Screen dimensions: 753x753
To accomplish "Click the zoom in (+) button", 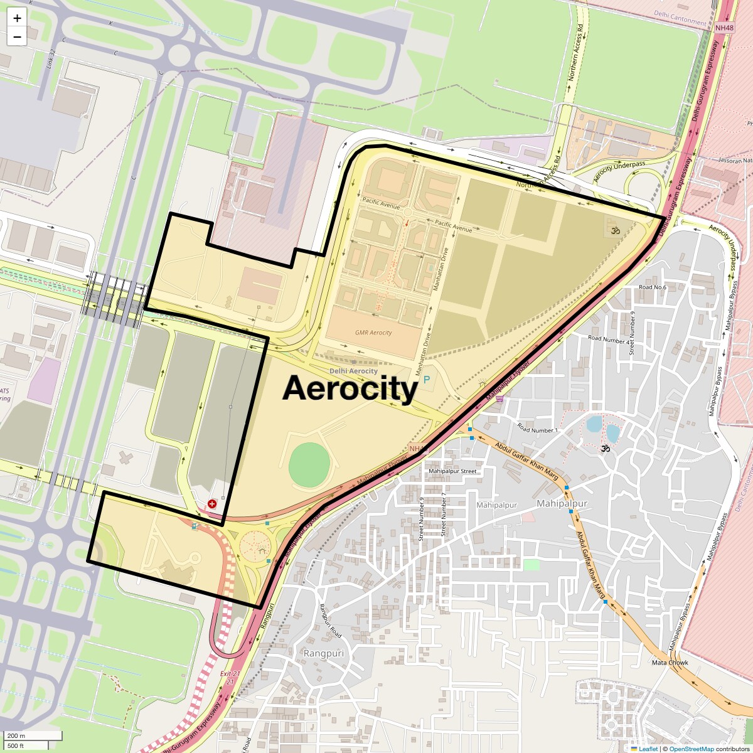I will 17,18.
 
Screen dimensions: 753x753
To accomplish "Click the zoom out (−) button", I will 17,36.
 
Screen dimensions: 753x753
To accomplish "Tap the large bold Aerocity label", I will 350,388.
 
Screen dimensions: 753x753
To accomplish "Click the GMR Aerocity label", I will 373,333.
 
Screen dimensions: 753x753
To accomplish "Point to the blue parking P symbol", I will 427,379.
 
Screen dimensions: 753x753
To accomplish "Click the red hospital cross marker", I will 212,503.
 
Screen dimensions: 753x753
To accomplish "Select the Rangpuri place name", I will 324,653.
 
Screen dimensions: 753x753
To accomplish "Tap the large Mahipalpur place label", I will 562,504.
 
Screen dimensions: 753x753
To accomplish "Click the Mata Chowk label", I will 670,663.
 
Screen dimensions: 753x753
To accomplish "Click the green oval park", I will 309,463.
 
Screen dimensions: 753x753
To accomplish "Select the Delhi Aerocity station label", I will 354,371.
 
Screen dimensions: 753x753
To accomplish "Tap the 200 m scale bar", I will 31,735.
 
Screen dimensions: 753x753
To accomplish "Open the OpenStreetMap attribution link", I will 691,749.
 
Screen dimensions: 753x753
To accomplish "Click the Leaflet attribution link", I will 648,749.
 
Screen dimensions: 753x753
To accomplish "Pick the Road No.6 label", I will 652,287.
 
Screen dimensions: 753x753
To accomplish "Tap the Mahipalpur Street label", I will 452,471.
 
